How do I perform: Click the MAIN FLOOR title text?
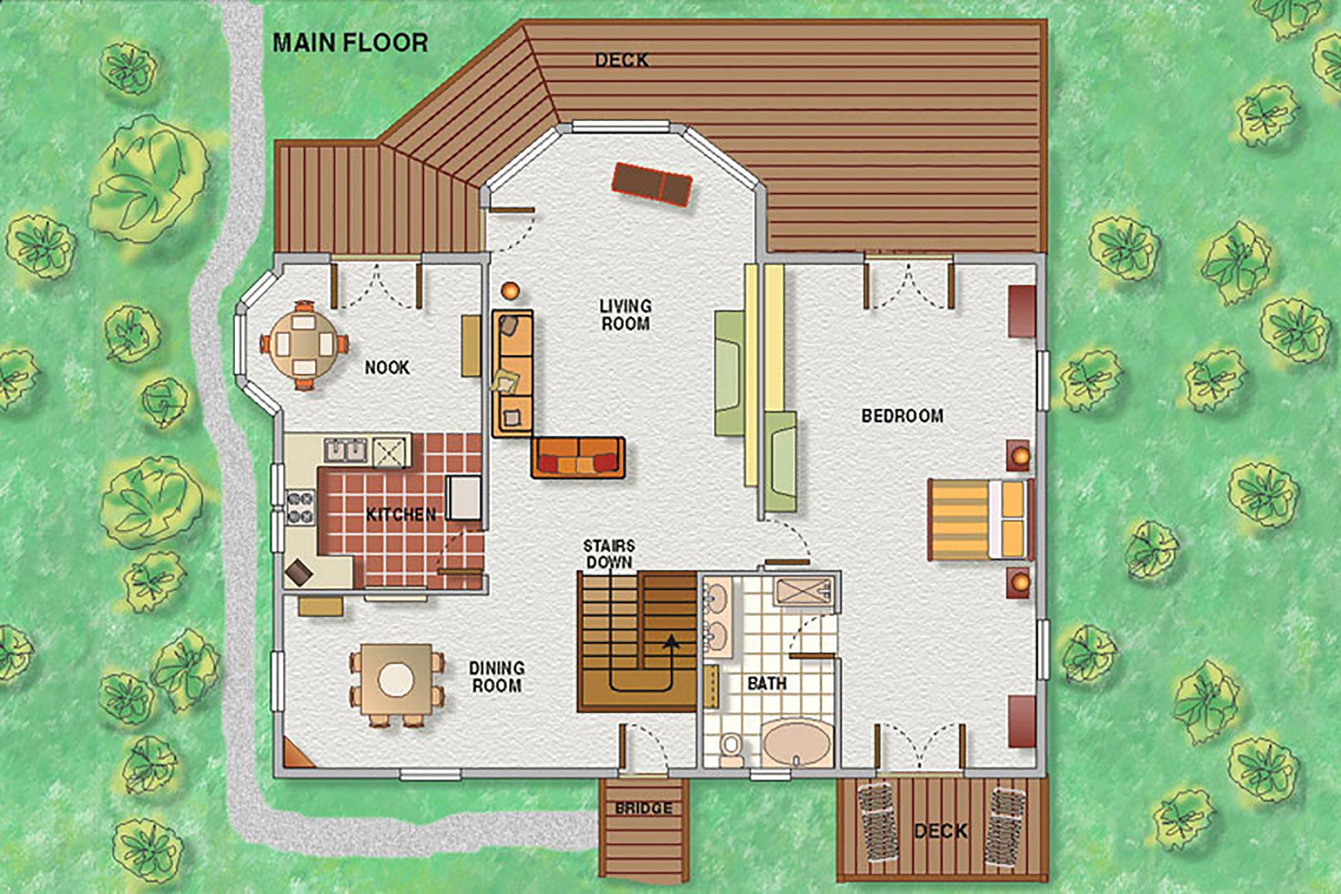click(x=350, y=43)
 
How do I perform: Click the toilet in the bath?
click(x=730, y=748)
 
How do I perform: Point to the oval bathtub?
click(x=797, y=743)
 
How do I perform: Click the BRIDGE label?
click(x=644, y=808)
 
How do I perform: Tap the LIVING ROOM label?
click(x=626, y=314)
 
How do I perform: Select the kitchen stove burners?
click(x=301, y=508)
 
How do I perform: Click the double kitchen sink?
click(x=346, y=450)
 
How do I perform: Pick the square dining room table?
click(x=396, y=680)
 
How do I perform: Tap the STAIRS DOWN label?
click(x=609, y=554)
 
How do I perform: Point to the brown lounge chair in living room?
click(x=652, y=184)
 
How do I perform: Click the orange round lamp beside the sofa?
click(x=510, y=290)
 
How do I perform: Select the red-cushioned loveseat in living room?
click(x=578, y=456)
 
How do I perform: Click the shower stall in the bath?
click(x=803, y=592)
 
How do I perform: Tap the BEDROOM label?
click(x=902, y=416)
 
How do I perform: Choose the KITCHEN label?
click(x=401, y=515)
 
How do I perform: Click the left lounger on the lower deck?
click(x=881, y=823)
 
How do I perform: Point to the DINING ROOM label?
click(x=496, y=677)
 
